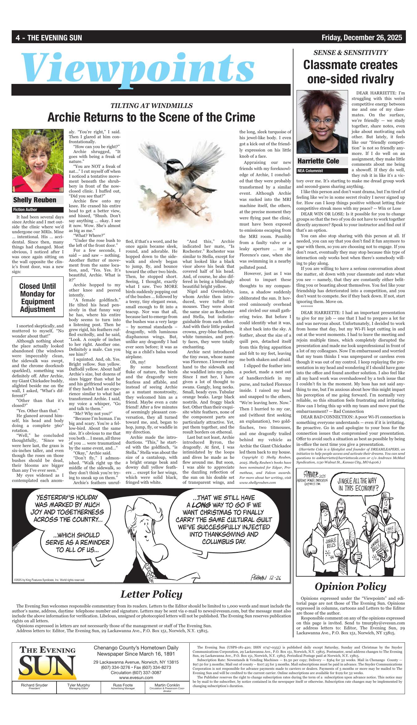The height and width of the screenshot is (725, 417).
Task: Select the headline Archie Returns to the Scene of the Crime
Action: click(x=151, y=117)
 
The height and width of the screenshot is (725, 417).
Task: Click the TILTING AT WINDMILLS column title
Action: click(x=151, y=106)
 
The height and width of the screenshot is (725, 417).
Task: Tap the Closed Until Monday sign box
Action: click(x=37, y=297)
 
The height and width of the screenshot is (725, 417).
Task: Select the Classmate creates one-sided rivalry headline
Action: click(x=350, y=72)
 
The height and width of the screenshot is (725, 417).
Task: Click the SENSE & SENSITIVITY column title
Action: click(x=350, y=53)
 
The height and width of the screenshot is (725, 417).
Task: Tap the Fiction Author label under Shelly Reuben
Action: click(x=25, y=209)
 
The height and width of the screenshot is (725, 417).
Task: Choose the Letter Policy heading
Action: click(x=151, y=594)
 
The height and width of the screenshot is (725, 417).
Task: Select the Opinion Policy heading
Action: click(x=350, y=586)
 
